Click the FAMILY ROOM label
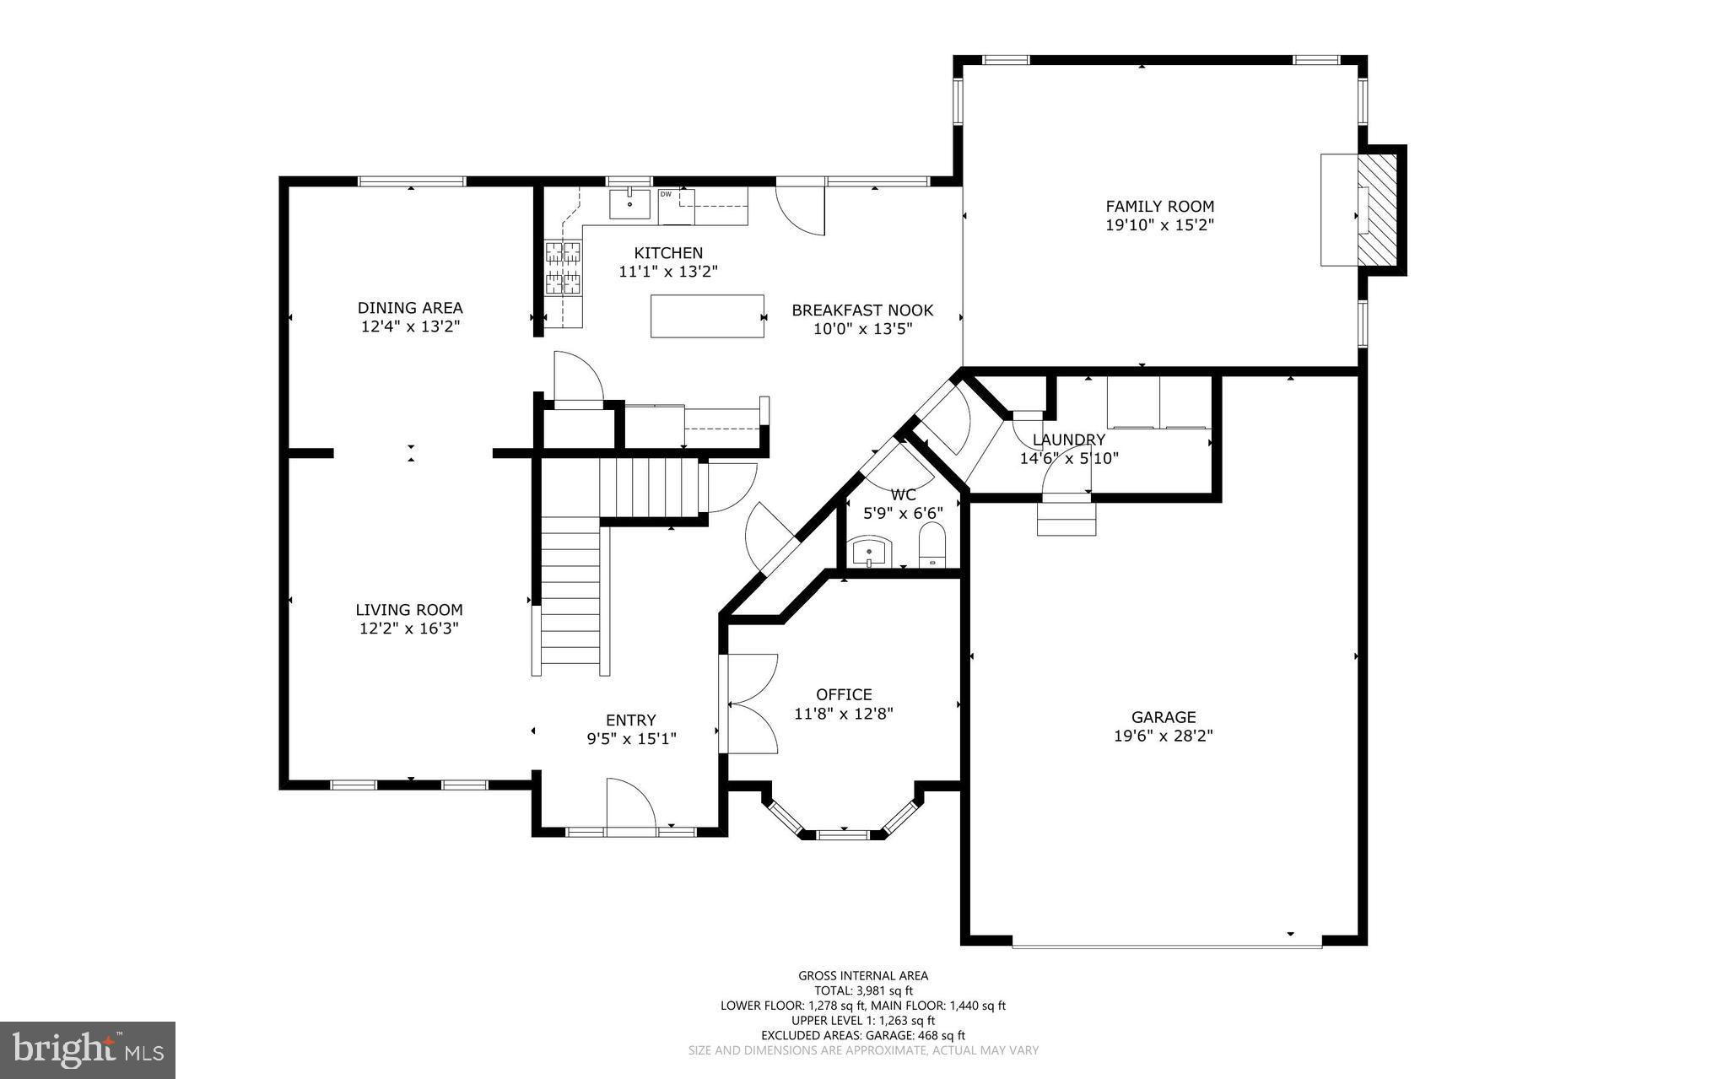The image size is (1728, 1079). point(1159,206)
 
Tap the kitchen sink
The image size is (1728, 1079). point(629,203)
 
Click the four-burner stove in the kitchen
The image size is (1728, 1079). point(563,267)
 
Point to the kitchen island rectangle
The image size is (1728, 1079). point(707,316)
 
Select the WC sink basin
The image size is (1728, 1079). point(870,552)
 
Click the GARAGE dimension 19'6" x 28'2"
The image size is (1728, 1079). point(1164,736)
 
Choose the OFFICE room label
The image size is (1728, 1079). point(844,694)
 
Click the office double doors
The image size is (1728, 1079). point(749,703)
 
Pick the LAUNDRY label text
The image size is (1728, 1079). point(1068,440)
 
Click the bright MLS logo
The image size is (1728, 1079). point(88,1049)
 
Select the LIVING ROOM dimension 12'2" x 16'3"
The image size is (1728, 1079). point(408,629)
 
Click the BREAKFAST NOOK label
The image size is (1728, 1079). point(862,310)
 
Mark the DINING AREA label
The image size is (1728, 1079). point(410,308)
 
